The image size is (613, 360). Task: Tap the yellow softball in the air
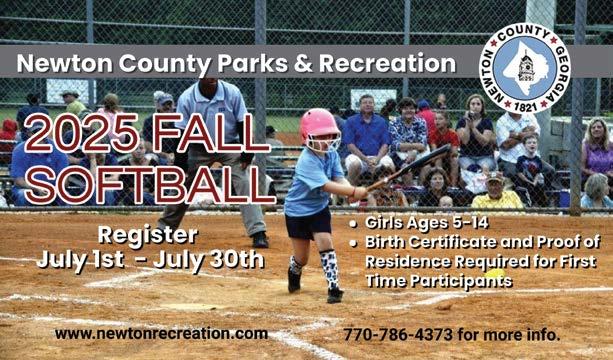pyautogui.click(x=495, y=273)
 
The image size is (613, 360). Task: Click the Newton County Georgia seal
pyautogui.click(x=525, y=68)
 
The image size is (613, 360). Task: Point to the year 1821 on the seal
pyautogui.click(x=525, y=106)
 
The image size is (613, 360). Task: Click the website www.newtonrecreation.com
pyautogui.click(x=161, y=334)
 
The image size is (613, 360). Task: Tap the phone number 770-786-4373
pyautogui.click(x=398, y=335)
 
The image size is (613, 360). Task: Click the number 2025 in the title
pyautogui.click(x=81, y=133)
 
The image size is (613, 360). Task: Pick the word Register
pyautogui.click(x=148, y=236)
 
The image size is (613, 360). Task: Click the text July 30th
pyautogui.click(x=208, y=260)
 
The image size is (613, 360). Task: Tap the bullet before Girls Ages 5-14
pyautogui.click(x=353, y=224)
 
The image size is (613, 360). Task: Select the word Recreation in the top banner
pyautogui.click(x=387, y=63)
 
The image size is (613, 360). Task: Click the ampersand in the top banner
pyautogui.click(x=303, y=64)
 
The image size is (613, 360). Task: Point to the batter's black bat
pyautogui.click(x=409, y=167)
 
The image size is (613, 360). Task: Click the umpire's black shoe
pyautogui.click(x=260, y=240)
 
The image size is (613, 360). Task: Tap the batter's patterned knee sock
pyautogui.click(x=329, y=269)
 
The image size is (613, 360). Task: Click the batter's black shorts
pyautogui.click(x=308, y=224)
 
